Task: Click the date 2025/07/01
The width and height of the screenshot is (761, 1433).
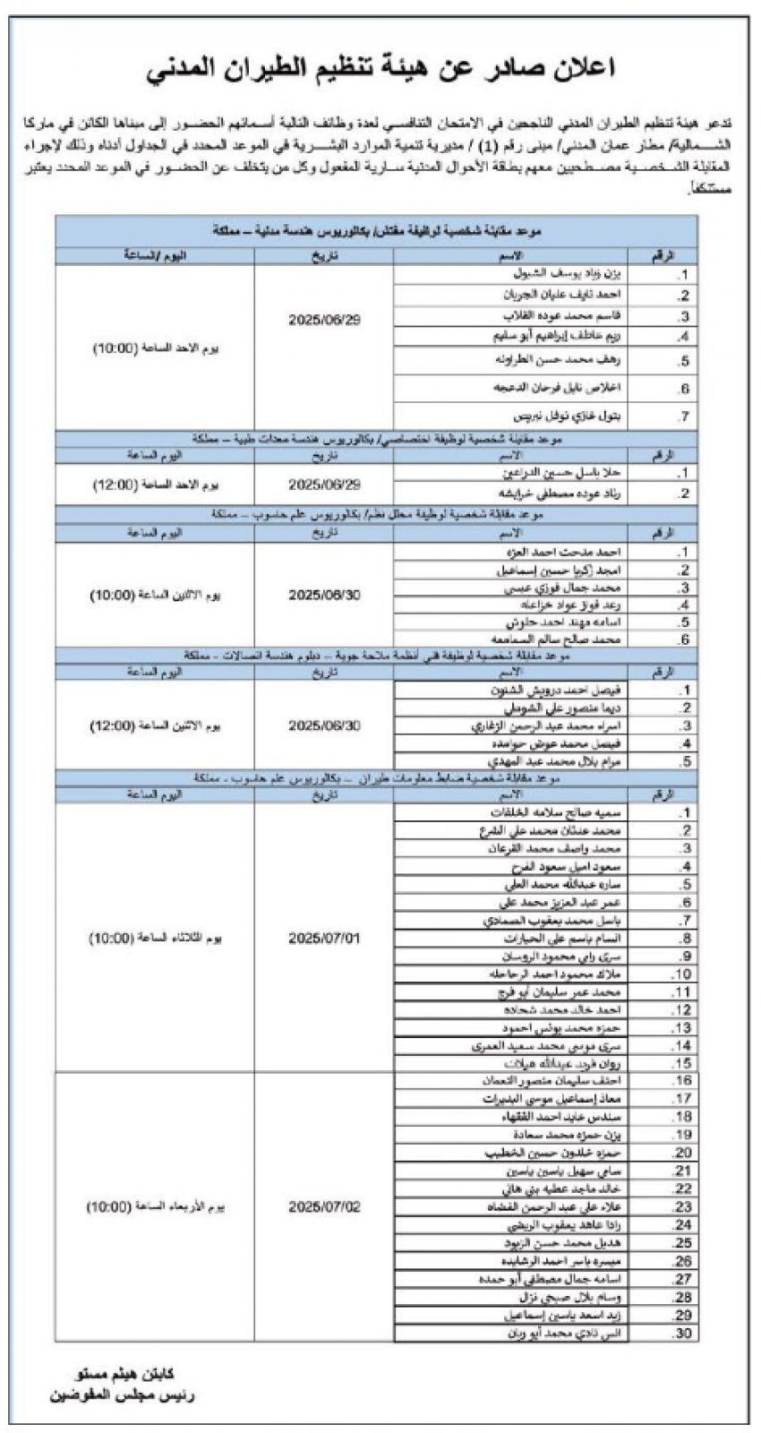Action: click(324, 939)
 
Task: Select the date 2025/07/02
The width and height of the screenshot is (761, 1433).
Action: click(324, 1206)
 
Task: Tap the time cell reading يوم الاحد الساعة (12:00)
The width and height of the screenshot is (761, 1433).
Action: click(156, 485)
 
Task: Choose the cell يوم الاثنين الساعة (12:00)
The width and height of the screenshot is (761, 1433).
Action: click(156, 725)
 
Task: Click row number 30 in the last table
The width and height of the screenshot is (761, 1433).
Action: click(683, 1333)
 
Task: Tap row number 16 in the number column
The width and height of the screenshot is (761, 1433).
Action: click(683, 1081)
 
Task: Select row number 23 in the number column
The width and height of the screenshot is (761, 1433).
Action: click(683, 1206)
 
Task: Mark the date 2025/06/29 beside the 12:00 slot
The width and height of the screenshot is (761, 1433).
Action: click(324, 485)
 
